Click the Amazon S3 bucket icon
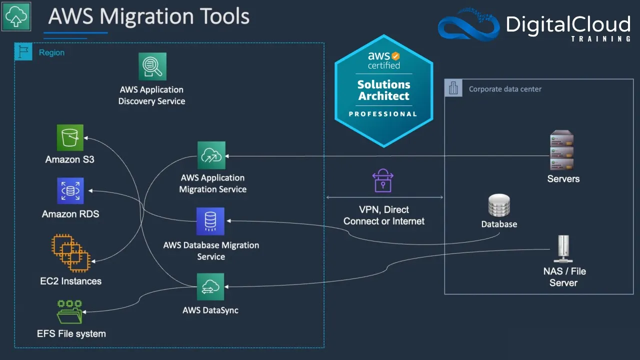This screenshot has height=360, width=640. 70,137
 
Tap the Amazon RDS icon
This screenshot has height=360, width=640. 70,190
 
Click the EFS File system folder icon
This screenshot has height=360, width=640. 69,312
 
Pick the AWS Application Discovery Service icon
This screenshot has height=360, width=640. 152,66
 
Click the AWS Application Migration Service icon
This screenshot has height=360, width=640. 211,155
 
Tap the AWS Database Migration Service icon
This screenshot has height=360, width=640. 210,221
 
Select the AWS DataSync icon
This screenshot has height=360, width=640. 210,286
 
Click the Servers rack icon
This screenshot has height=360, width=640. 561,150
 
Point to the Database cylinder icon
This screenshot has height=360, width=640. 498,205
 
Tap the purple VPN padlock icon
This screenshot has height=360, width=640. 383,181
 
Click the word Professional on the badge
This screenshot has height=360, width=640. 383,114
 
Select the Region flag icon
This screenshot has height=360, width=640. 23,51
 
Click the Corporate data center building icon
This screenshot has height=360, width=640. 453,88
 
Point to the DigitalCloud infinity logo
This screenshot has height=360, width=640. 468,25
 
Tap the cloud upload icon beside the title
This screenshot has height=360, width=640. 16,16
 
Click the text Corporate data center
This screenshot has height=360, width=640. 505,89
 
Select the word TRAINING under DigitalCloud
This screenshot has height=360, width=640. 600,38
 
